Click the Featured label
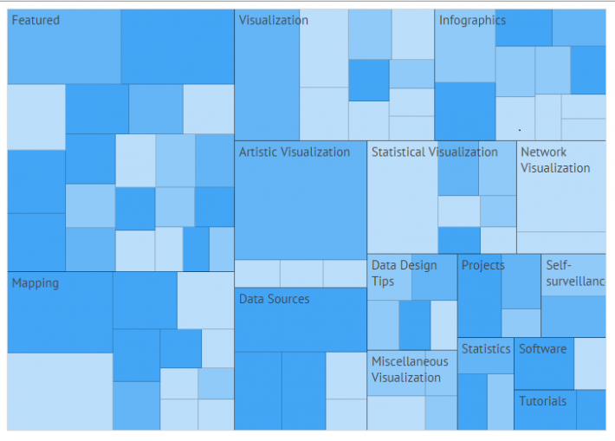pos(36,20)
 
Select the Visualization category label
pos(273,20)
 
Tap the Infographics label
pos(472,20)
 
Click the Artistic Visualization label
pos(295,152)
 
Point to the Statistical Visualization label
pos(434,152)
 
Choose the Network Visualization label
pos(554,159)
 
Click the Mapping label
pos(35,282)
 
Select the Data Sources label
pos(274,299)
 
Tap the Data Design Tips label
pos(404,273)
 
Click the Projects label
pos(482,265)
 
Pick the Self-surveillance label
pos(573,273)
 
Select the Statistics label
pos(485,348)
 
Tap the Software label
pos(542,348)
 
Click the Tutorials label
pos(542,401)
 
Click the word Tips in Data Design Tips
pos(383,282)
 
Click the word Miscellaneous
pos(410,361)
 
